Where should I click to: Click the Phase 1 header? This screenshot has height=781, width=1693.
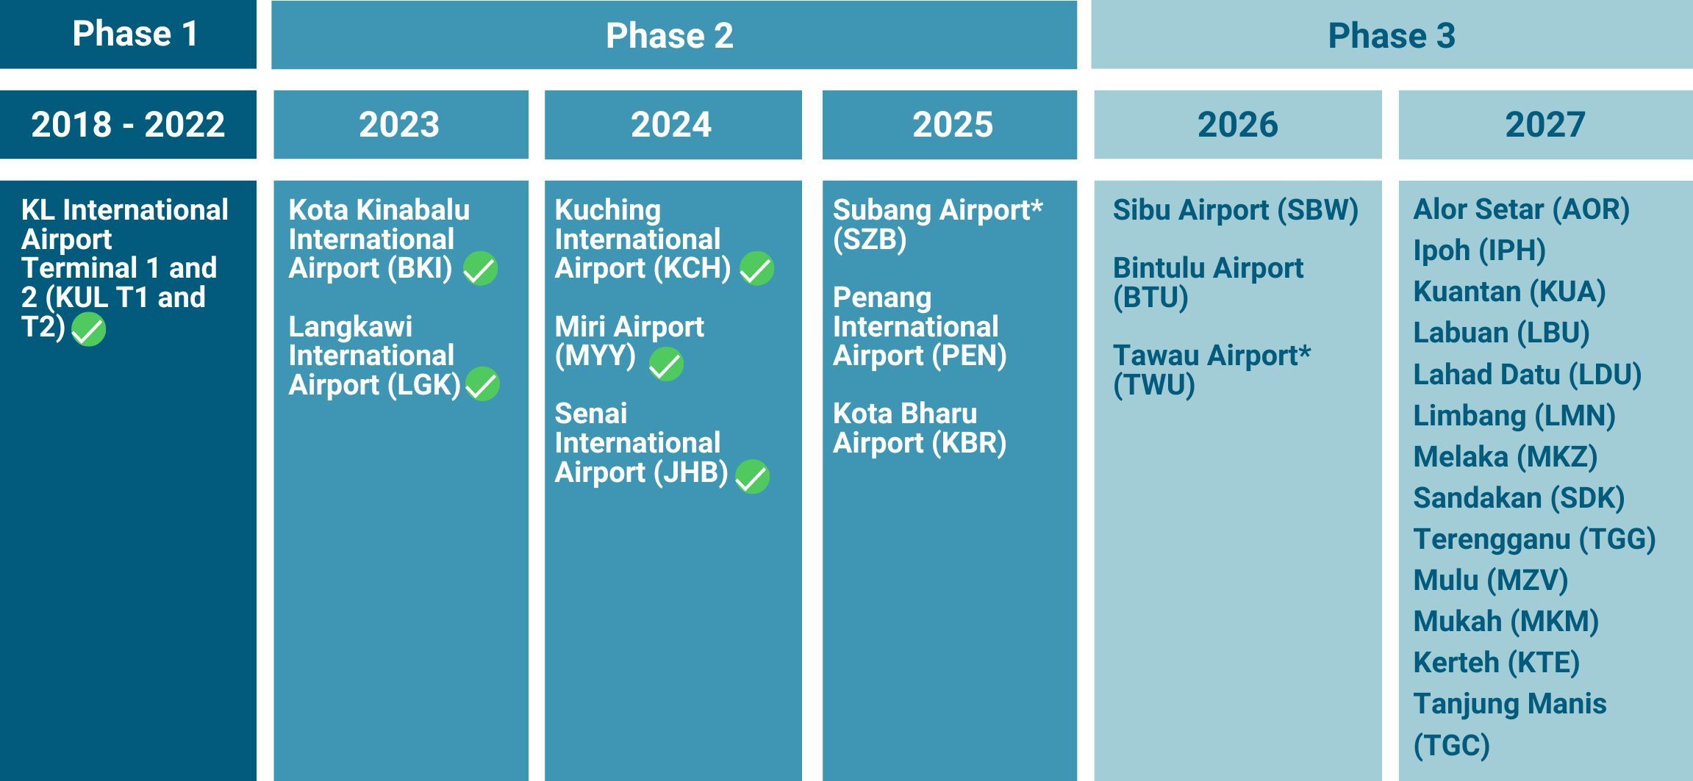click(135, 34)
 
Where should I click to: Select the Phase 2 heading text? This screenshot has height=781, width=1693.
click(669, 36)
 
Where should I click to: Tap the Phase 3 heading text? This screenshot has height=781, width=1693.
click(1391, 36)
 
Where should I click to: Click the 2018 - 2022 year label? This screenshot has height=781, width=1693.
click(128, 124)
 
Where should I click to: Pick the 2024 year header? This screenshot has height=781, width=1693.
click(671, 124)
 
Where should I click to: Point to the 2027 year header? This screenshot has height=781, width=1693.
click(1545, 124)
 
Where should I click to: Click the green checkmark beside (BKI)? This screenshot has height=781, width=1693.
click(480, 268)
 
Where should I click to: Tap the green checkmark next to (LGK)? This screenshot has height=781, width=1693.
click(482, 384)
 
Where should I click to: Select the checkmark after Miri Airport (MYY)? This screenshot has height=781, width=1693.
click(666, 364)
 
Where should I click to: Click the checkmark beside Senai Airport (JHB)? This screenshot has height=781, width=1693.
click(752, 477)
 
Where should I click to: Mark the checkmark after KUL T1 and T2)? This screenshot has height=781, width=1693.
click(88, 328)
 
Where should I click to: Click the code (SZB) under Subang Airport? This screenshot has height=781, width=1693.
click(870, 240)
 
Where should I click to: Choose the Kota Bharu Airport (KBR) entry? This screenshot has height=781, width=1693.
click(919, 428)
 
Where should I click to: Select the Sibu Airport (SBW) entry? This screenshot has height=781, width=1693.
click(1235, 210)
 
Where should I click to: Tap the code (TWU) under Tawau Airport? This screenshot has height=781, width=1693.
click(1153, 385)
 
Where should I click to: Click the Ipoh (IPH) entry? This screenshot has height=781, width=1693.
click(1479, 251)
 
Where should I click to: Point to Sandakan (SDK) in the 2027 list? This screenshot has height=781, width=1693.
click(1519, 498)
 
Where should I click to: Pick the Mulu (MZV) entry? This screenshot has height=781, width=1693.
click(1490, 580)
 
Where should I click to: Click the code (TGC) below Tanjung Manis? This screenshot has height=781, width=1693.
click(1451, 745)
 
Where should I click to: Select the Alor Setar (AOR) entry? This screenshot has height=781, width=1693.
click(1521, 209)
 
